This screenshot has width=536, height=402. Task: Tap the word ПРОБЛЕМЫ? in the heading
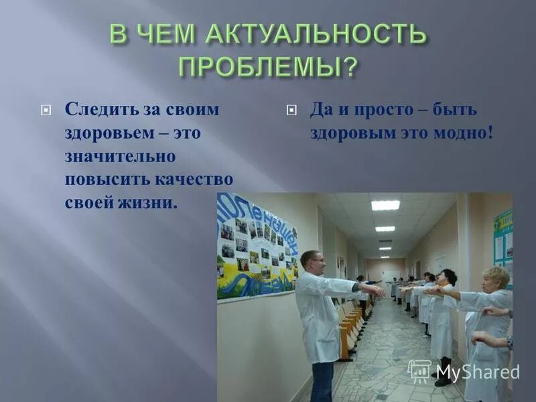pos(267,67)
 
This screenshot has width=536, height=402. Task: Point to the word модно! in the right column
pos(462,133)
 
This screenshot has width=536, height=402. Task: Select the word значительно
pos(120,156)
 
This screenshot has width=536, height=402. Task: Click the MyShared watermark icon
pos(419,371)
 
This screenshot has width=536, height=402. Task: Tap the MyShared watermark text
pos(477,373)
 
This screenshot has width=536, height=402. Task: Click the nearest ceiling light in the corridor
pos(385,205)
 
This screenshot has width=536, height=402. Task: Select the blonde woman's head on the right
pos(496,279)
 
